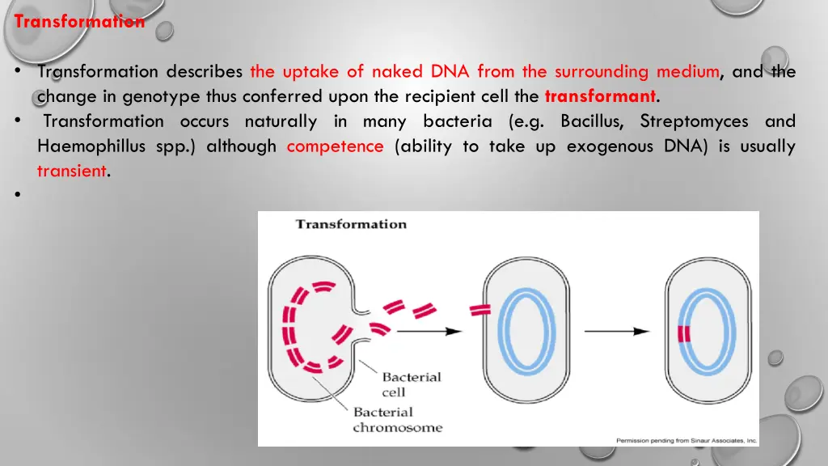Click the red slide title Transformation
point(79,21)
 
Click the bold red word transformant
point(601,96)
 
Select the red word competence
point(336,146)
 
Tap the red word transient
point(72,172)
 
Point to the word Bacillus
point(592,121)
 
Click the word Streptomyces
point(694,122)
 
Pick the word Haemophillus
point(91,146)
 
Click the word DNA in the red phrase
point(450,71)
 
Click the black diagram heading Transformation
point(351,224)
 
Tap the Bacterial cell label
point(412,384)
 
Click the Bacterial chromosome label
point(398,420)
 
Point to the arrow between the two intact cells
point(617,331)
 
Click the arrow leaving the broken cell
point(429,331)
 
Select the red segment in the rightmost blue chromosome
point(684,334)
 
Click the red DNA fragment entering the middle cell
point(480,310)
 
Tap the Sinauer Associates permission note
point(686,440)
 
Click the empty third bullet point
point(18,195)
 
